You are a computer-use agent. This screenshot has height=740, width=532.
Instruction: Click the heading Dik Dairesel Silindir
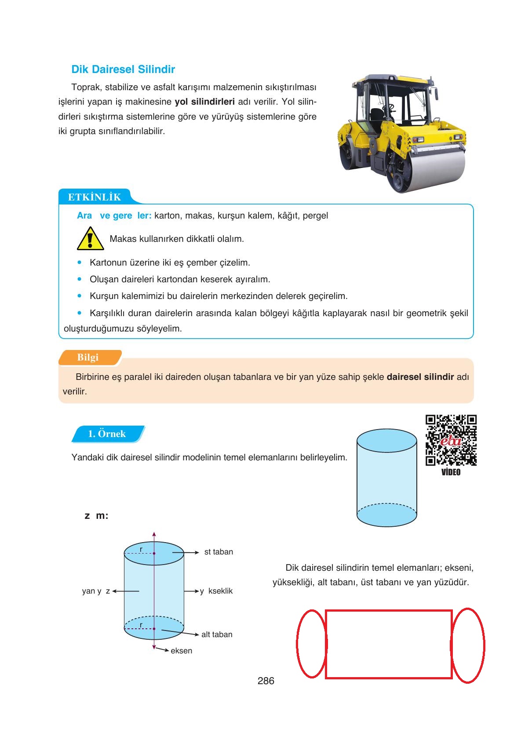click(123, 69)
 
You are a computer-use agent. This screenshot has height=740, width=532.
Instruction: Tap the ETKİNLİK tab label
click(94, 197)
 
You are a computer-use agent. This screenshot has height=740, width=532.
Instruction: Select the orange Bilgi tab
click(88, 357)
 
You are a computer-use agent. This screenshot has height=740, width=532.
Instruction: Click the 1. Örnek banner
click(107, 434)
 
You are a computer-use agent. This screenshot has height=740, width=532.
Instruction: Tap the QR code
click(451, 440)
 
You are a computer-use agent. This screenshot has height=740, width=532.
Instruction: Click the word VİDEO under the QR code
click(451, 472)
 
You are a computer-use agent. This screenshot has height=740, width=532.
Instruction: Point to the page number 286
click(266, 681)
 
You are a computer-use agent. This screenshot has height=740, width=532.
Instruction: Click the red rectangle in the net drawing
click(389, 644)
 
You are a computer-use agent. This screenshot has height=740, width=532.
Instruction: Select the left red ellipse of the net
click(312, 644)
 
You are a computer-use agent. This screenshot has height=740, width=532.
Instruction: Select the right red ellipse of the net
click(468, 645)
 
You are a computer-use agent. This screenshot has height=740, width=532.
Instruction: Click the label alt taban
click(217, 634)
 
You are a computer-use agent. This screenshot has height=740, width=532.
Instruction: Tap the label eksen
click(181, 651)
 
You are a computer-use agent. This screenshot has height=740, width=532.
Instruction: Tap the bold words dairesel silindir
click(420, 377)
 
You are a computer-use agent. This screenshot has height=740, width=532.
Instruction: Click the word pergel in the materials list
click(315, 216)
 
